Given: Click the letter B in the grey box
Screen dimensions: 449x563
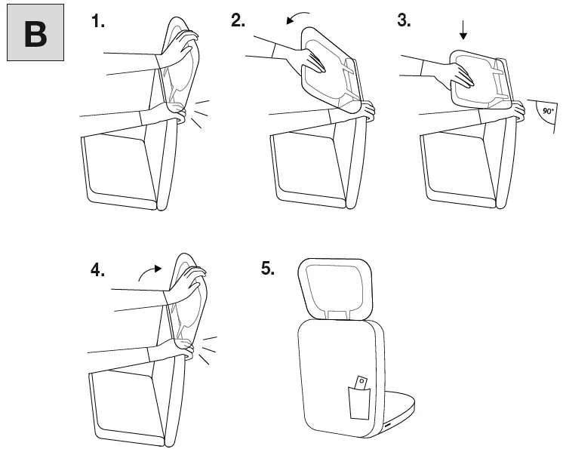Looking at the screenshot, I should click(x=35, y=35).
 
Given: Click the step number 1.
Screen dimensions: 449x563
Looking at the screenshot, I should click(x=98, y=21).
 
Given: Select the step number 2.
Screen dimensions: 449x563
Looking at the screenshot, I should click(x=238, y=21).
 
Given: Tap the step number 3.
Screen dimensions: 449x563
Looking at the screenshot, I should click(x=404, y=21).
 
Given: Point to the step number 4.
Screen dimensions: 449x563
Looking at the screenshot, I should click(x=98, y=270).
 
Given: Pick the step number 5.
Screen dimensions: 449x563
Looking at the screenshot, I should click(x=268, y=269).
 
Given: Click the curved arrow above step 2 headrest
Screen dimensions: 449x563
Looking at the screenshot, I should click(x=301, y=17).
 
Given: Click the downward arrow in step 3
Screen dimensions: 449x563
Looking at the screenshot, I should click(x=463, y=30).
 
